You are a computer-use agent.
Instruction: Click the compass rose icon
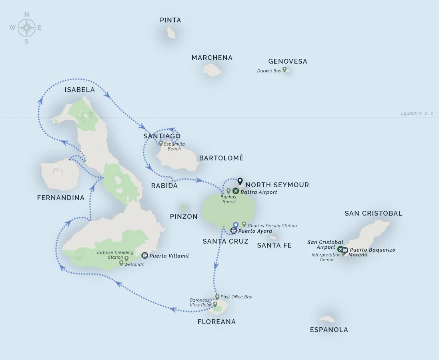(26, 28)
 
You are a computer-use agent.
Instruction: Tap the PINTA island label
(170, 20)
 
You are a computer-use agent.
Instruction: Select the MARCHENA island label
(212, 58)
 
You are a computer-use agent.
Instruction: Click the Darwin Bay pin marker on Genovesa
(285, 70)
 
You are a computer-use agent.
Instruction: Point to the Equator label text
(417, 114)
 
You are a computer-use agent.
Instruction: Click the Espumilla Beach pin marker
(161, 144)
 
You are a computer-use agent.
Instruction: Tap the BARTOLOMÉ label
(221, 158)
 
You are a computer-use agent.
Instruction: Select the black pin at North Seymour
(240, 181)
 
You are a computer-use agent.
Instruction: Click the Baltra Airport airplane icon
(235, 191)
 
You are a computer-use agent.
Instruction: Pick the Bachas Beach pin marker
(229, 191)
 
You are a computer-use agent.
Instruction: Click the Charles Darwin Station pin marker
(244, 224)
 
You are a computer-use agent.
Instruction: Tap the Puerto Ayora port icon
(234, 231)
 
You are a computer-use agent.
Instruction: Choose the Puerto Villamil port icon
(145, 255)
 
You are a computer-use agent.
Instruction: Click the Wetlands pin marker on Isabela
(121, 263)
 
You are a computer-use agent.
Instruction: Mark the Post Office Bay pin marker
(217, 297)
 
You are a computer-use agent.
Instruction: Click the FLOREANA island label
(216, 322)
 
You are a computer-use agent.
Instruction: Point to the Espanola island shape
(327, 319)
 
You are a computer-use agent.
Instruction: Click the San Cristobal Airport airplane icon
(340, 249)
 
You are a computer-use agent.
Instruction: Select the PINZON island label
(184, 216)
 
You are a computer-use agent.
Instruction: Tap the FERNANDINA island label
(61, 198)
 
